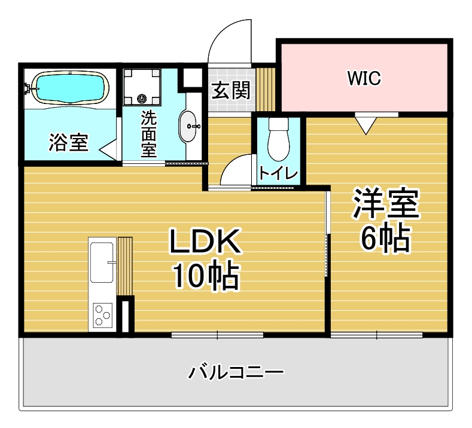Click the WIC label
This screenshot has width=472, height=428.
pos(364,78)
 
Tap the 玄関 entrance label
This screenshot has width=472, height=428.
pos(231,90)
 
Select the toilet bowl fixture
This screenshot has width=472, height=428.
pos(278,139)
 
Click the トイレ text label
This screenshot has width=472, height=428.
pos(278,173)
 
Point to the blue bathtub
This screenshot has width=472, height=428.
pos(70,87)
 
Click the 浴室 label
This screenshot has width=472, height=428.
pos(69,142)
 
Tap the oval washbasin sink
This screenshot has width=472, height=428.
pos(188,126)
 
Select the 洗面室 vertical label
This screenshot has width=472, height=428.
pos(149,134)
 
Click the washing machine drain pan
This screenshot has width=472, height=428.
pos(141,87)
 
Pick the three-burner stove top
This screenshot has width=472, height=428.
pos(102,315)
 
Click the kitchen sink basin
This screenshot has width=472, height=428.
pos(102,262)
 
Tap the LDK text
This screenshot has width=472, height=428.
pos(205,241)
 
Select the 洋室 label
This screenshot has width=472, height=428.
pos(386,204)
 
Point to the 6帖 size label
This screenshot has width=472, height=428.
pos(386,239)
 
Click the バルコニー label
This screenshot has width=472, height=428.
pos(236,372)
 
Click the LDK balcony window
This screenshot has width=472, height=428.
pos(217,335)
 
